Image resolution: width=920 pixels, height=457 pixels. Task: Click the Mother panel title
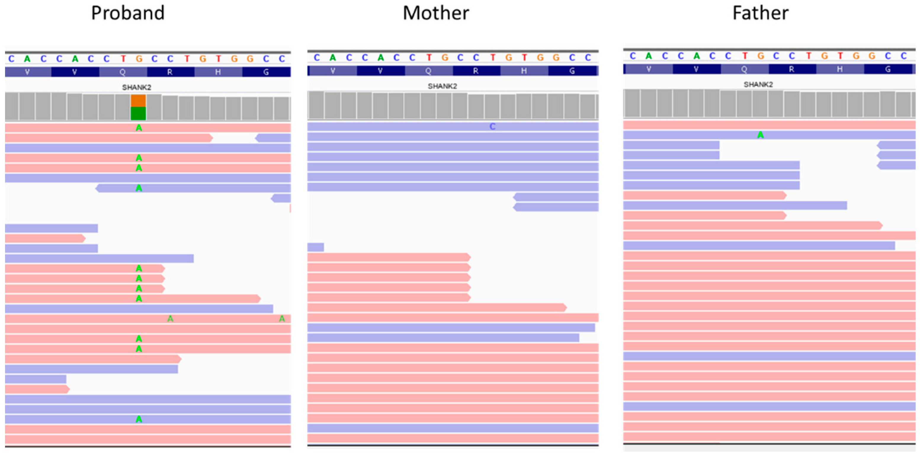(x=435, y=13)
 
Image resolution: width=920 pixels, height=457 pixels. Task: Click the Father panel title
(x=760, y=13)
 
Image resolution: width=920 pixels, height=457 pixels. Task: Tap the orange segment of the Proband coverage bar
(x=138, y=101)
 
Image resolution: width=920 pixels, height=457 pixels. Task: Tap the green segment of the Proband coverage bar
(x=138, y=114)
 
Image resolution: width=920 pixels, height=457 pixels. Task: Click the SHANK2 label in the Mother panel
(x=442, y=86)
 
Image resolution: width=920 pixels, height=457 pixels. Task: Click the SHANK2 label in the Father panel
(x=758, y=84)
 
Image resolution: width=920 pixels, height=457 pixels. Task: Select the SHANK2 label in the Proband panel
(x=137, y=87)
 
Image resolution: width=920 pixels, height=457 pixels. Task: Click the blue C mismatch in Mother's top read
(x=492, y=127)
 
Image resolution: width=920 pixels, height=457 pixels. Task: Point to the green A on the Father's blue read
(x=760, y=135)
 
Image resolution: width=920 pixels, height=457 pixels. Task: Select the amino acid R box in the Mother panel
(x=476, y=71)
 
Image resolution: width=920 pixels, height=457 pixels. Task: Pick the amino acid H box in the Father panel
(x=840, y=69)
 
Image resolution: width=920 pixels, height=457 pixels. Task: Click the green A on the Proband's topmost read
(x=139, y=128)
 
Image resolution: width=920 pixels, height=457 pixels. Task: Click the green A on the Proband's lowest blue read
(x=139, y=419)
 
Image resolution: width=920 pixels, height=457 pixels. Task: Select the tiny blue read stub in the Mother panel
(x=315, y=247)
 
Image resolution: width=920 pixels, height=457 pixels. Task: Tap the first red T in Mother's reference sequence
(x=429, y=57)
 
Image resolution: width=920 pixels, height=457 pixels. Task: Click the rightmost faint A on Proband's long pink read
(x=282, y=319)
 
